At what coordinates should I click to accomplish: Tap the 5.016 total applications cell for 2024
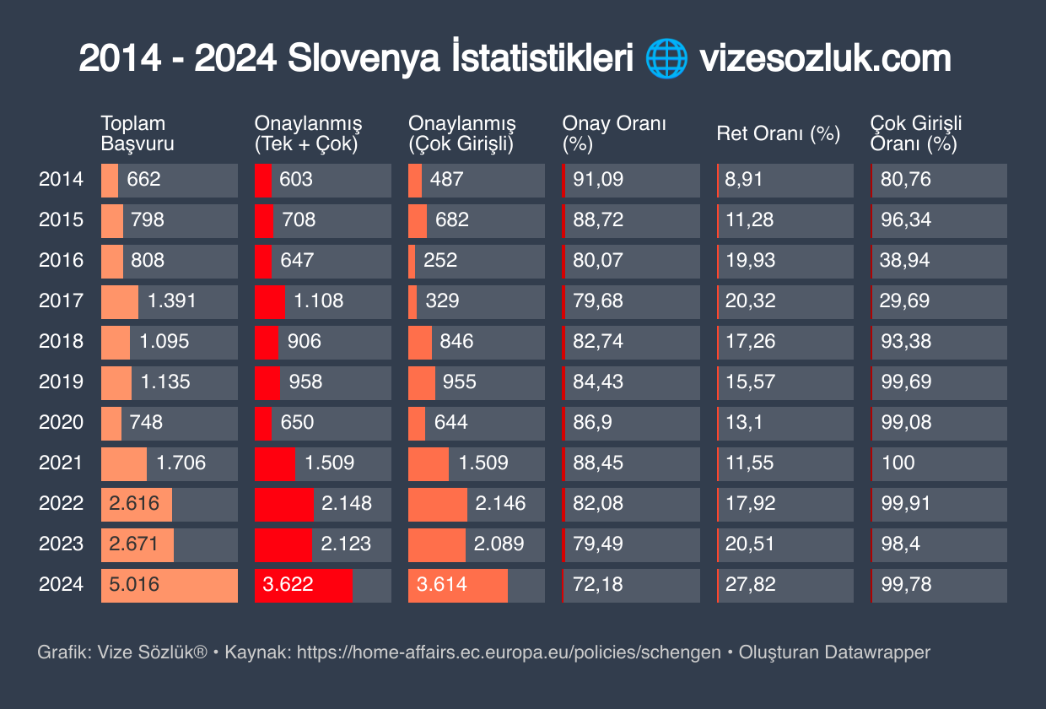tap(169, 585)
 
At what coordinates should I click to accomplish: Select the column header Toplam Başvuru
tap(137, 133)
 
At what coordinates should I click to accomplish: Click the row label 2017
tap(62, 300)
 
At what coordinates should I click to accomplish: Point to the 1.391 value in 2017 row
tap(171, 300)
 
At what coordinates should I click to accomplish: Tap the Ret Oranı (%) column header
tap(779, 133)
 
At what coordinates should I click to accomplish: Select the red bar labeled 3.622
tap(304, 585)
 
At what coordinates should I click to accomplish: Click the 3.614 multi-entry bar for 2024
tap(458, 585)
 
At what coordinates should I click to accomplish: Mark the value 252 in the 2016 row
tap(440, 260)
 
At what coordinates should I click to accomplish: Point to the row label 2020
tap(62, 422)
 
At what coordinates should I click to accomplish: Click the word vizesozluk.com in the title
tap(824, 59)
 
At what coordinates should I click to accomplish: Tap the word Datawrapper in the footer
tap(877, 652)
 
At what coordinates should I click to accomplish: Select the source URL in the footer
tap(509, 652)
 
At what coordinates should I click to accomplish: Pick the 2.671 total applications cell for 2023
tap(137, 544)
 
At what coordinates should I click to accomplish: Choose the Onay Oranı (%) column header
tap(615, 133)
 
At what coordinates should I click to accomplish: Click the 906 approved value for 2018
tap(304, 341)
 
